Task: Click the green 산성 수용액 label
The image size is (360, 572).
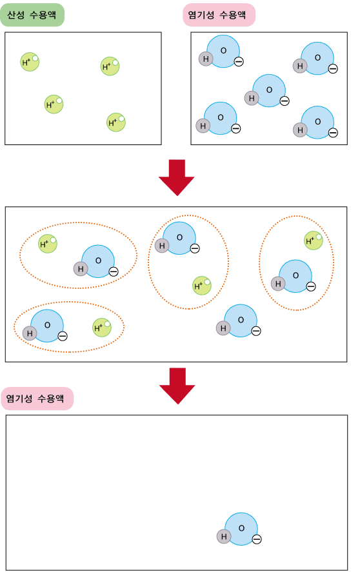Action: (x=32, y=15)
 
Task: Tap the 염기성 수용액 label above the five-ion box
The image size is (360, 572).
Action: (x=219, y=15)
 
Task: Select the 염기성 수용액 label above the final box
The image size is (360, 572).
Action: (x=37, y=399)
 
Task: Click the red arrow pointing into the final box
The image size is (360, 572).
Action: (x=177, y=386)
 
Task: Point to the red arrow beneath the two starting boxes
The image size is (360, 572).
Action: (x=177, y=177)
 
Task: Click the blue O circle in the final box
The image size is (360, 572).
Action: (x=241, y=529)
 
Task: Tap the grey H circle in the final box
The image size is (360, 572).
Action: (x=224, y=537)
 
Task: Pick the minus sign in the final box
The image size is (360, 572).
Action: (x=257, y=539)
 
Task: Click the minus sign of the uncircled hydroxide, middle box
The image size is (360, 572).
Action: (x=256, y=331)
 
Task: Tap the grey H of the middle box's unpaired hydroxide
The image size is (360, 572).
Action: (x=223, y=328)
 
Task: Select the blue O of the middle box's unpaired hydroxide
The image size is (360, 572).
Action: (x=241, y=321)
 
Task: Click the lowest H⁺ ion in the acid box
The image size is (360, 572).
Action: (x=115, y=123)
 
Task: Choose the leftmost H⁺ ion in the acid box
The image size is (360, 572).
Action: (x=30, y=62)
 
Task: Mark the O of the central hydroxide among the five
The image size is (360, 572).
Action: (x=269, y=90)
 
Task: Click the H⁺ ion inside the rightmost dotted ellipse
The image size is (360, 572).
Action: (x=314, y=241)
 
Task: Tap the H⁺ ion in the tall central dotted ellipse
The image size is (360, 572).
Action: (x=201, y=285)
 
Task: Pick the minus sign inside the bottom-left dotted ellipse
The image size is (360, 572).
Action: (x=63, y=336)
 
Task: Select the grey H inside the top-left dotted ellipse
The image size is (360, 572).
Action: (x=81, y=269)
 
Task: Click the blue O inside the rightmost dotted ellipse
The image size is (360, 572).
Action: (x=295, y=276)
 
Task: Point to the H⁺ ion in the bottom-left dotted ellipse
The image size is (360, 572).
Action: (x=101, y=327)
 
